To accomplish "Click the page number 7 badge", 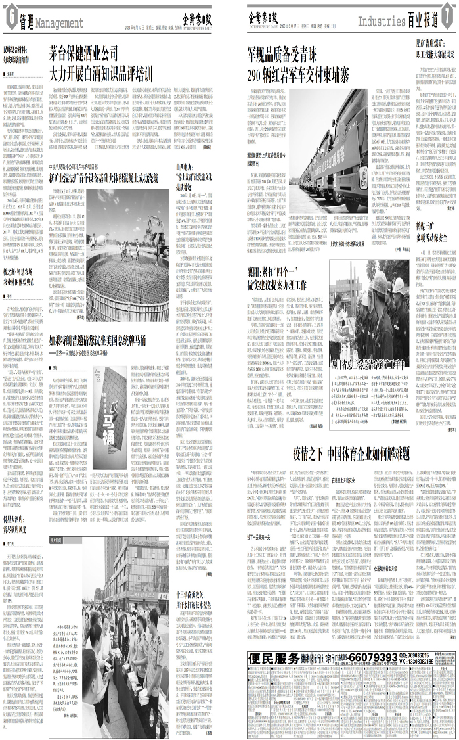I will [448, 20].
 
